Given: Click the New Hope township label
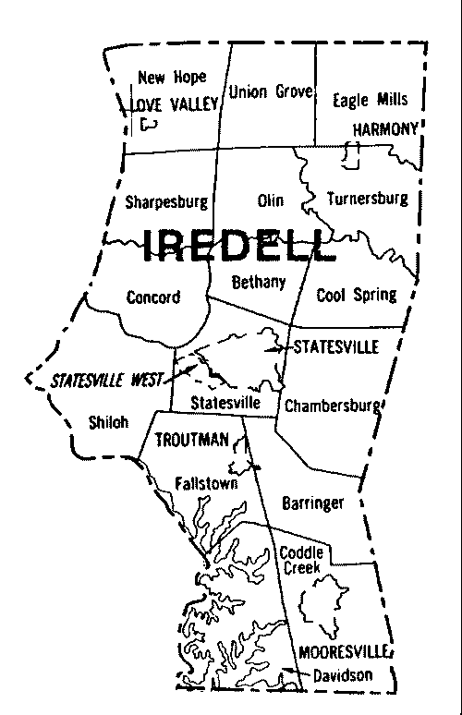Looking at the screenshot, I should tap(172, 78).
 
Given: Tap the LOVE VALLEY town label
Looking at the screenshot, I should tap(175, 104).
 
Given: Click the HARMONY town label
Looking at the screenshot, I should tap(383, 128).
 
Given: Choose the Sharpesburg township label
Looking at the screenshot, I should tap(165, 200).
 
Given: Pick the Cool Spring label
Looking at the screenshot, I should tap(356, 296).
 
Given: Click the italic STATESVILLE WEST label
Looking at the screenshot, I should tap(107, 380).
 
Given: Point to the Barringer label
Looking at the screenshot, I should tap(310, 503).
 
